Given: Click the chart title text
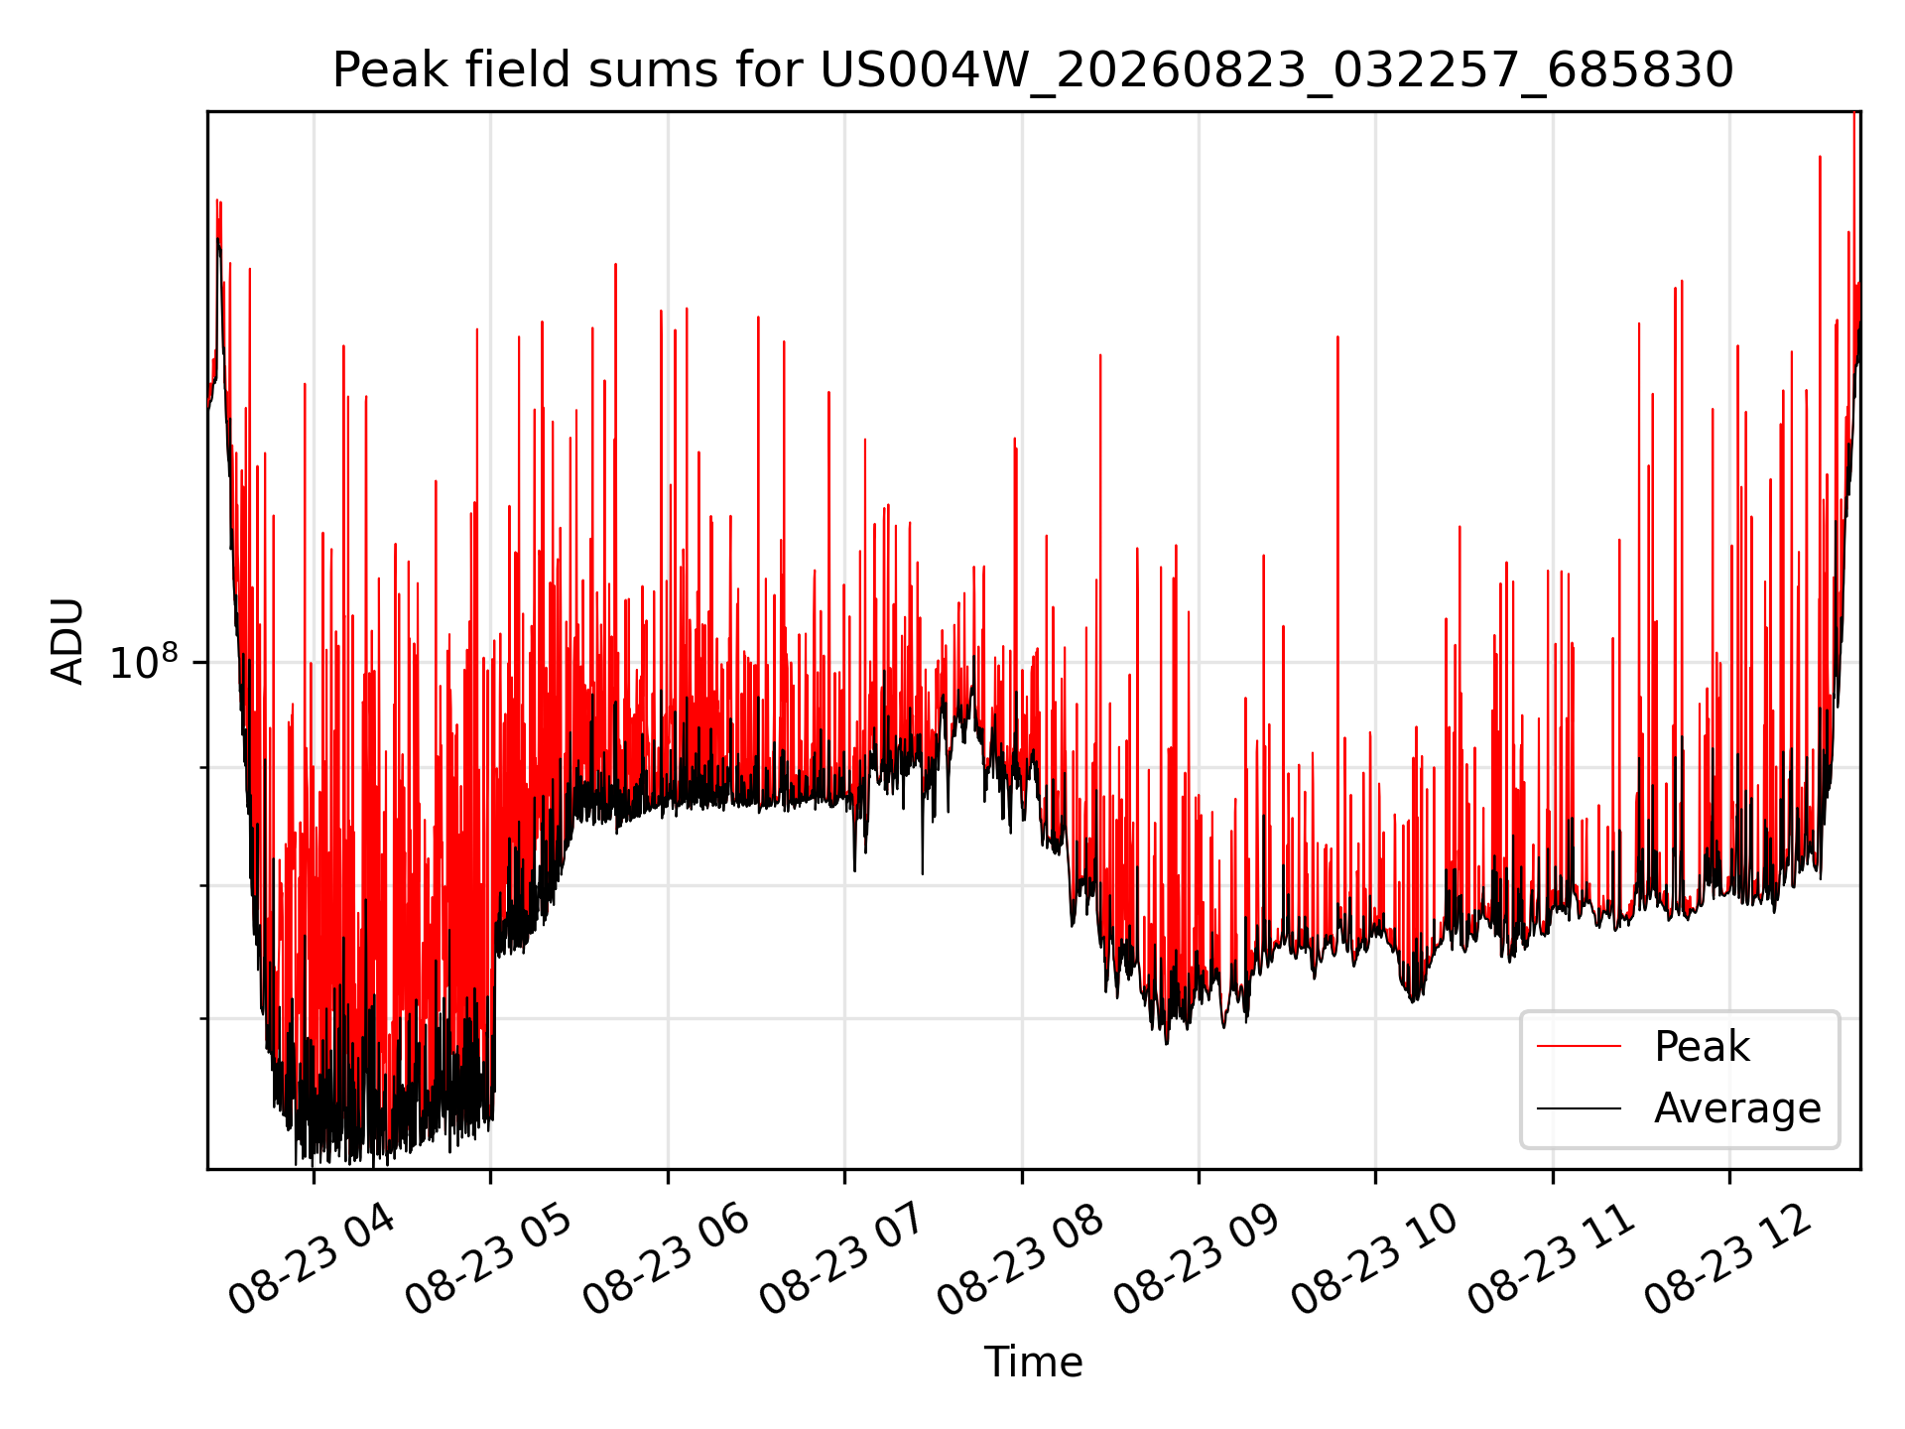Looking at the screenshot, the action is (1033, 70).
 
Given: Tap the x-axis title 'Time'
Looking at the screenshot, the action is (1033, 1362).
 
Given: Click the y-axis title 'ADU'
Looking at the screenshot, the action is (67, 640).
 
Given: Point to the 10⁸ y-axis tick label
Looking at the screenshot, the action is (145, 662).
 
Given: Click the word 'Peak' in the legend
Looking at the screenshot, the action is (1702, 1047).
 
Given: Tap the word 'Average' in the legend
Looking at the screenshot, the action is (1737, 1108).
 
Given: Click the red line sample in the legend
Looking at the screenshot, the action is (1579, 1047).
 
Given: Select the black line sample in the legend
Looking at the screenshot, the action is (1579, 1108).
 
